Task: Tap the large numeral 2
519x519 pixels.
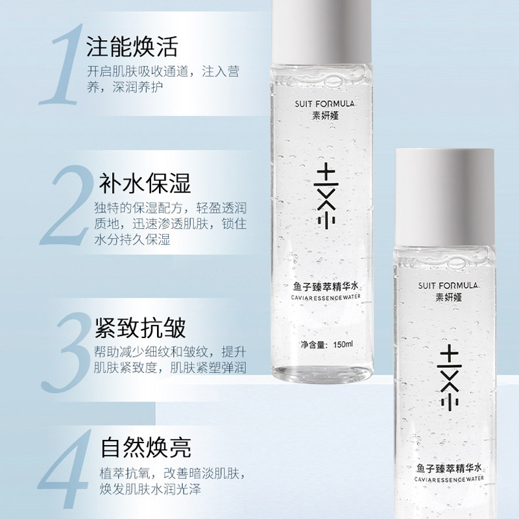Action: (x=67, y=205)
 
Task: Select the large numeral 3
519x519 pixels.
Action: (x=66, y=352)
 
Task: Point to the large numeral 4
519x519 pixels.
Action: (x=64, y=469)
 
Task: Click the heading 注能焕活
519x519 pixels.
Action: (x=132, y=47)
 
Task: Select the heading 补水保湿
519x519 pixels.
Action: (x=145, y=183)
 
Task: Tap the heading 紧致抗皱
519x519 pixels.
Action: (x=140, y=328)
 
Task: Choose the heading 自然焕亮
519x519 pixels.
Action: (x=146, y=447)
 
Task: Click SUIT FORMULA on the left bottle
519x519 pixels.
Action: (x=324, y=104)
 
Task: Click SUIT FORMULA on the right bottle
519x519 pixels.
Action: (x=448, y=285)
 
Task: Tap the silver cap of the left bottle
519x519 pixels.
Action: (x=321, y=32)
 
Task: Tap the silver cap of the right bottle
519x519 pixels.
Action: (x=444, y=198)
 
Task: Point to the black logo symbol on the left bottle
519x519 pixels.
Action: (x=327, y=196)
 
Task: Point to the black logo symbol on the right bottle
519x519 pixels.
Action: (x=450, y=378)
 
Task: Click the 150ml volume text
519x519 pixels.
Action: (x=343, y=344)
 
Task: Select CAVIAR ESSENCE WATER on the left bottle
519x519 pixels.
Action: (x=326, y=297)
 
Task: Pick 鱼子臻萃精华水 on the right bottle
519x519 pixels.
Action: (x=449, y=468)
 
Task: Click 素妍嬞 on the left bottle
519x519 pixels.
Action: (x=326, y=115)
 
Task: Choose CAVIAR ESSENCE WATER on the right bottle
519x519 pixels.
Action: (x=449, y=479)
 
